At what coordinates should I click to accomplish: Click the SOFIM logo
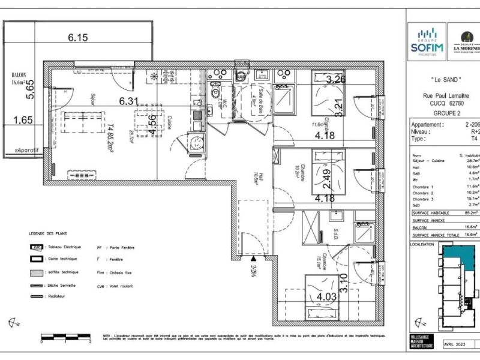click(427, 42)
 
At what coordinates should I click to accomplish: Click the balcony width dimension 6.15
click(78, 37)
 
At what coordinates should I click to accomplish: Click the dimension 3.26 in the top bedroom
click(337, 79)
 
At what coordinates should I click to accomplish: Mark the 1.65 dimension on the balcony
click(22, 120)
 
